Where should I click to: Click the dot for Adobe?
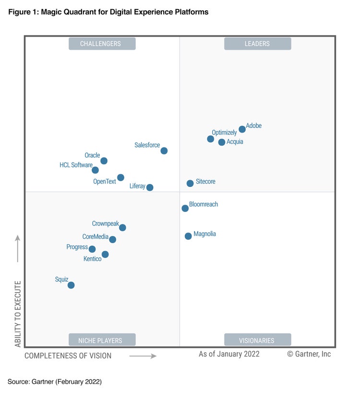point(242,129)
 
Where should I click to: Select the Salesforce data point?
point(164,151)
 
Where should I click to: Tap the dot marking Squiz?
point(71,285)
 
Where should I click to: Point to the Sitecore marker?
point(190,183)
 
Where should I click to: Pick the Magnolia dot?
point(188,236)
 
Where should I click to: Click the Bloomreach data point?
point(185,208)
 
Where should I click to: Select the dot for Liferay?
point(150,187)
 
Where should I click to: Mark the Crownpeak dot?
point(122,228)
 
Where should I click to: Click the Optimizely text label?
point(224,133)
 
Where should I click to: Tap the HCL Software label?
point(76,165)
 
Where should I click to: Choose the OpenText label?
point(105,182)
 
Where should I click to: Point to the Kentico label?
point(93,259)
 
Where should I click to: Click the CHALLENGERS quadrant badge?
point(102,44)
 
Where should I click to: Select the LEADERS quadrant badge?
point(257,44)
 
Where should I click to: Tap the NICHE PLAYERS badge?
point(102,340)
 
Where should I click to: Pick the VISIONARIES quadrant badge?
point(257,340)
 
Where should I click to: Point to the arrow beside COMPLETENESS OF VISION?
point(143,356)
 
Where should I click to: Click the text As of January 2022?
point(229,354)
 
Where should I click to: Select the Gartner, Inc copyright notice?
point(309,354)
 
